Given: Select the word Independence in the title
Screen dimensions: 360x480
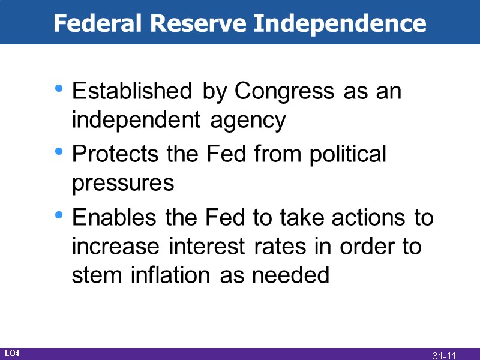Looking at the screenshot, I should [x=340, y=23].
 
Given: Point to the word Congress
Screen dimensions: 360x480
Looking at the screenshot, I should [x=284, y=92].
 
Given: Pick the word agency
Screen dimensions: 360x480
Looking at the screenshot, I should [x=248, y=121].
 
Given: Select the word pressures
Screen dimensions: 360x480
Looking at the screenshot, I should [x=123, y=183].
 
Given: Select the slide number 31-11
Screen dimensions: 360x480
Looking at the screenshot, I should [x=445, y=355].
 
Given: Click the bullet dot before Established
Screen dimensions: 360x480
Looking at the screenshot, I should [x=58, y=89].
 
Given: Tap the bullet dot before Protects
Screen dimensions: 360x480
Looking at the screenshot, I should [x=58, y=151].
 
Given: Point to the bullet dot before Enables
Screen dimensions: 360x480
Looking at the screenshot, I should [x=58, y=214].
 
